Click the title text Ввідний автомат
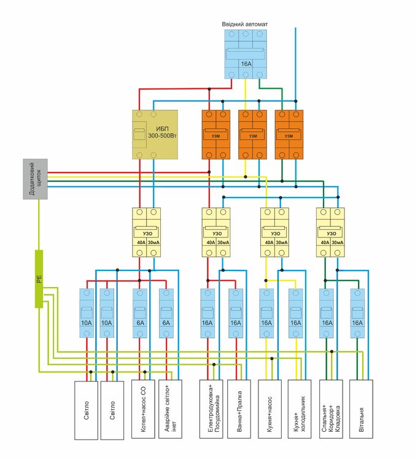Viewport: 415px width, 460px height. coord(245,24)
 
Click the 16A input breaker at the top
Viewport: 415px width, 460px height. coord(246,53)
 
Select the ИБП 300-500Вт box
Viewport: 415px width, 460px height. coord(155,134)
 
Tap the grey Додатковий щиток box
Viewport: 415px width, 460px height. coord(34,179)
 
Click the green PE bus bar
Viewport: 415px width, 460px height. coord(39,279)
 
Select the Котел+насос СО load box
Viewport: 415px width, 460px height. coord(142,410)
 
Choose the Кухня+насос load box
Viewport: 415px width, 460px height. coord(271,410)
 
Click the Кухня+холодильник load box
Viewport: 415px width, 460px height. coord(300,410)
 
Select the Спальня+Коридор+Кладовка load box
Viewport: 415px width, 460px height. coord(331,410)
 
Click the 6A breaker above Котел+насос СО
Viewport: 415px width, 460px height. coord(141,313)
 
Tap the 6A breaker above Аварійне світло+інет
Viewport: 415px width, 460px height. coord(167,313)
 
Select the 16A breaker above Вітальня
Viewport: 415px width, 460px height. coord(358,313)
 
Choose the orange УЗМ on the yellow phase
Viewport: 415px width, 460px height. coord(252,134)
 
